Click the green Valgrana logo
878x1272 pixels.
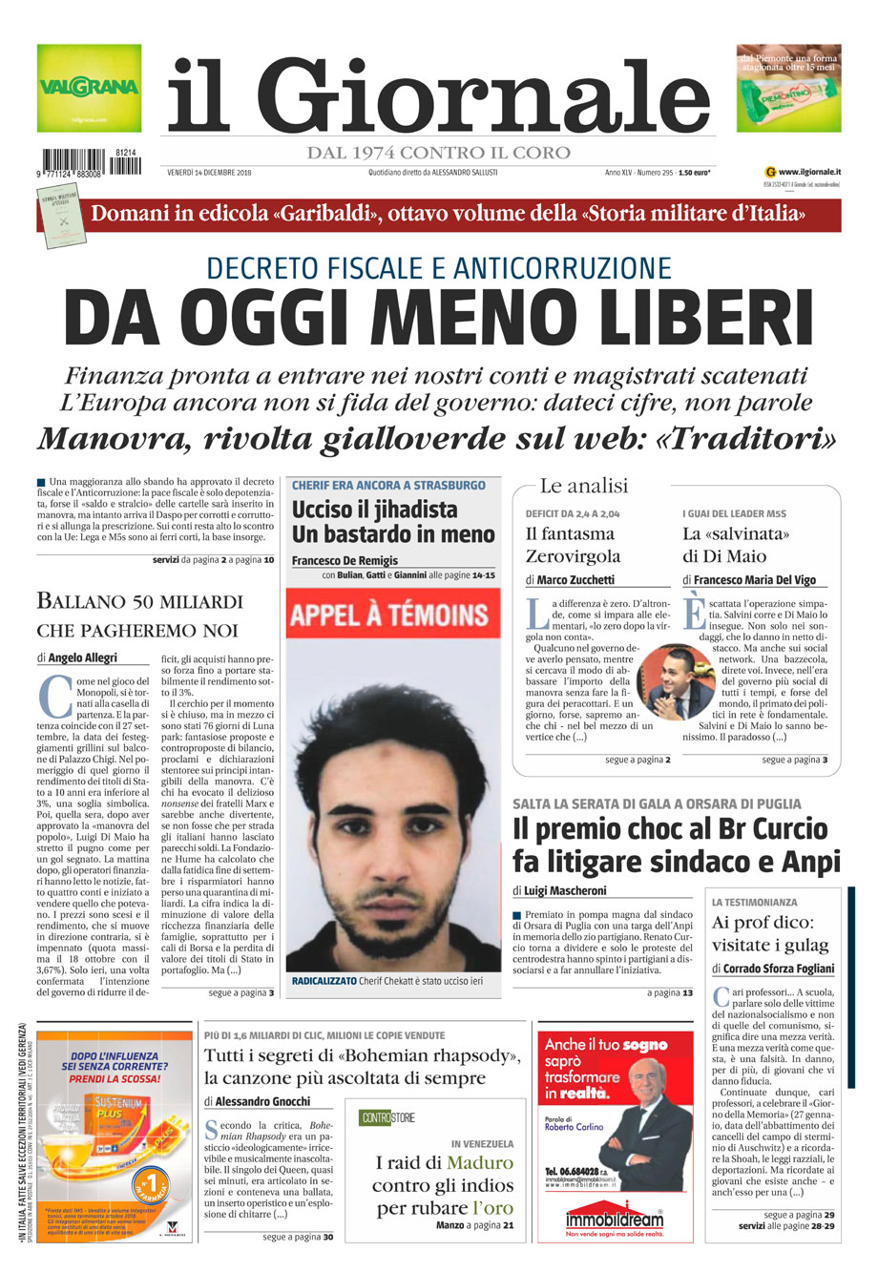click(x=89, y=88)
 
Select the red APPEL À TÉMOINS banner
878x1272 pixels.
click(x=393, y=615)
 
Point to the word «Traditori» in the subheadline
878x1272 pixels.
click(x=748, y=439)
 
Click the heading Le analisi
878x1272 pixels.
click(x=584, y=487)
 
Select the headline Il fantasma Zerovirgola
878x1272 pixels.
click(x=573, y=545)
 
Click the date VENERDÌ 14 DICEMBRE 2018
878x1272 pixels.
click(x=209, y=173)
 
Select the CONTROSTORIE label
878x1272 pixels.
click(x=387, y=1117)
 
